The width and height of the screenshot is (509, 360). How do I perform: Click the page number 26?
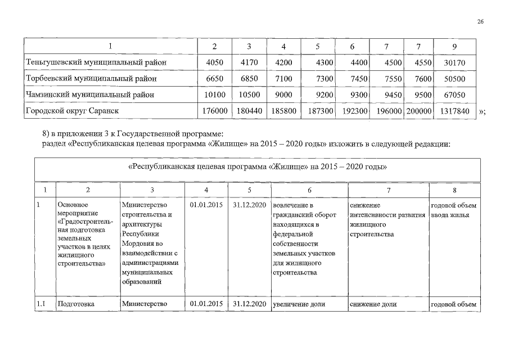click(480, 21)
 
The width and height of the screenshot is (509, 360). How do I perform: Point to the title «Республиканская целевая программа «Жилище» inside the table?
click(258, 168)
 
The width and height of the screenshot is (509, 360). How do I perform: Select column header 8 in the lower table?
click(454, 190)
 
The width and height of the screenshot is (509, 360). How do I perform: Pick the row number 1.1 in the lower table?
click(40, 304)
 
